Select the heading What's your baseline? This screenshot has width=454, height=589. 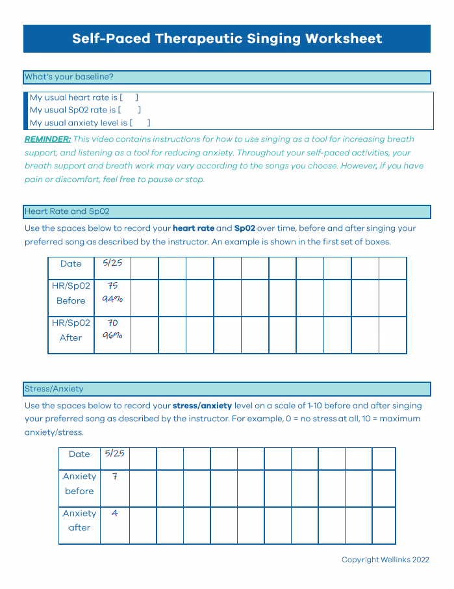point(69,77)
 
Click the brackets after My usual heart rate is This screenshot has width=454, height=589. point(129,98)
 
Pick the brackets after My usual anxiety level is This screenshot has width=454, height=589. point(140,122)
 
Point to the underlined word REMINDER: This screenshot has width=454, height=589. point(47,139)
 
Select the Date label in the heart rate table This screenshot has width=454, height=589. point(71,263)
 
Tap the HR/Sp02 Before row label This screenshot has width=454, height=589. point(71,293)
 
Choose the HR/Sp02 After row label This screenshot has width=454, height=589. point(71,330)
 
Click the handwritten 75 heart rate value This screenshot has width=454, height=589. point(112,285)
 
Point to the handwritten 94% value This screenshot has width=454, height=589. point(112,300)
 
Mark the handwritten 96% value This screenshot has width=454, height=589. point(112,336)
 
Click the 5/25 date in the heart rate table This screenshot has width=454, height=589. point(112,263)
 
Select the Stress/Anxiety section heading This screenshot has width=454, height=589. point(54,389)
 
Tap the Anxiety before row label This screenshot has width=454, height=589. point(79,484)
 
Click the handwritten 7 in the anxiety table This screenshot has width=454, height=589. point(115,476)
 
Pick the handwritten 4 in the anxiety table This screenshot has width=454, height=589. point(115,513)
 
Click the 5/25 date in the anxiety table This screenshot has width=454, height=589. point(114,453)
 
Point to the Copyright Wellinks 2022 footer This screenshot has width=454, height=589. point(385,560)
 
